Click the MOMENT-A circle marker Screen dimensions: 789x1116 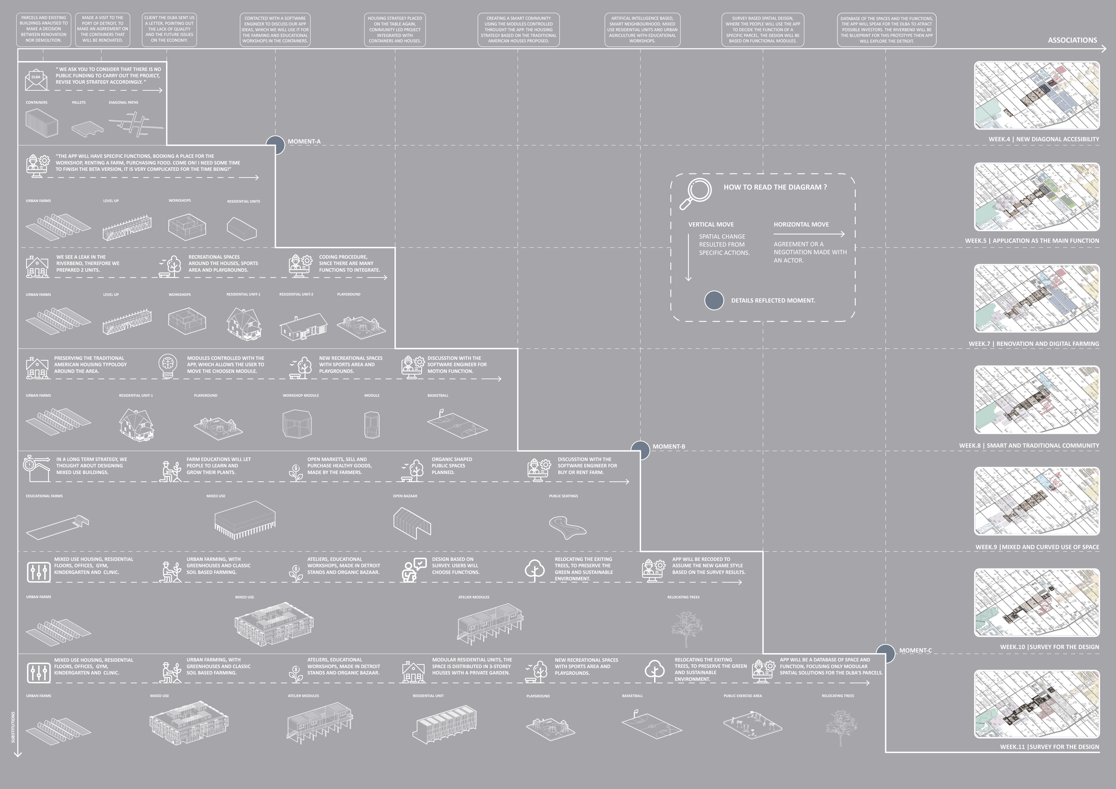pos(275,145)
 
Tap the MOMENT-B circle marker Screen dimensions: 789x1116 pos(640,450)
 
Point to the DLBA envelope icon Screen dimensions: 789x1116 pos(37,80)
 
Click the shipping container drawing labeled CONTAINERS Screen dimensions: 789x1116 pos(42,122)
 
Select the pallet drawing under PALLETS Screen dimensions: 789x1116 pos(87,128)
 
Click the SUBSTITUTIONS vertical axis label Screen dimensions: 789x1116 pos(13,727)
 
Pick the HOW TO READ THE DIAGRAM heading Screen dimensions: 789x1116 pos(775,187)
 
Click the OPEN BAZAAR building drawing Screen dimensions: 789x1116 pos(412,523)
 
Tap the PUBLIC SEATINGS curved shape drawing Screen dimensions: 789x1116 pos(567,527)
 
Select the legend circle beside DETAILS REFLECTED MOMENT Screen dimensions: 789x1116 pos(714,300)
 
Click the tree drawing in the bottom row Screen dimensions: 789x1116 pos(841,726)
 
